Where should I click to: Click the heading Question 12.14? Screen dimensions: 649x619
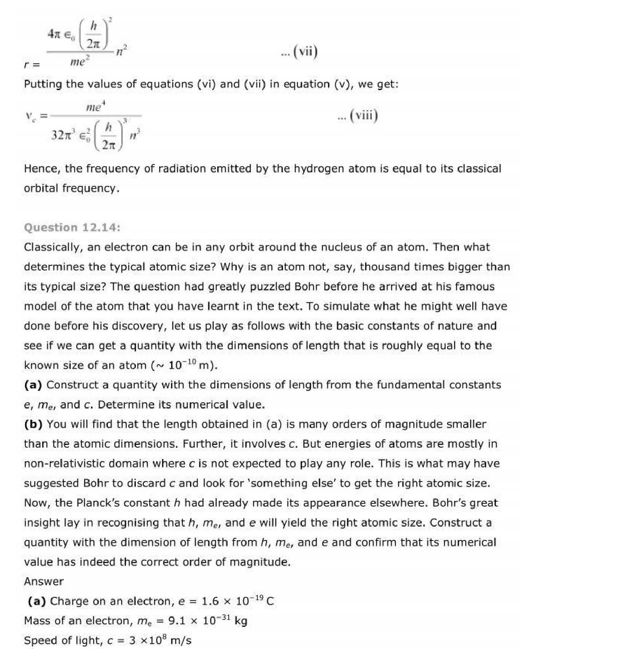pyautogui.click(x=72, y=227)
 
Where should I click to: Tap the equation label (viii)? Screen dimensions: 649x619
pyautogui.click(x=363, y=116)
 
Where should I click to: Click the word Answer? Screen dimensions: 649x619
pyautogui.click(x=44, y=581)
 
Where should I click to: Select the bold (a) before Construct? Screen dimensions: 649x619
pyautogui.click(x=33, y=385)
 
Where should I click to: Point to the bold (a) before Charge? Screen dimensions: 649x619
pyautogui.click(x=37, y=601)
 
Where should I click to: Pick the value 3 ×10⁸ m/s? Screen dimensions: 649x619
pyautogui.click(x=160, y=640)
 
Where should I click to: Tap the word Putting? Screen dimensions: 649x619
pyautogui.click(x=43, y=84)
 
